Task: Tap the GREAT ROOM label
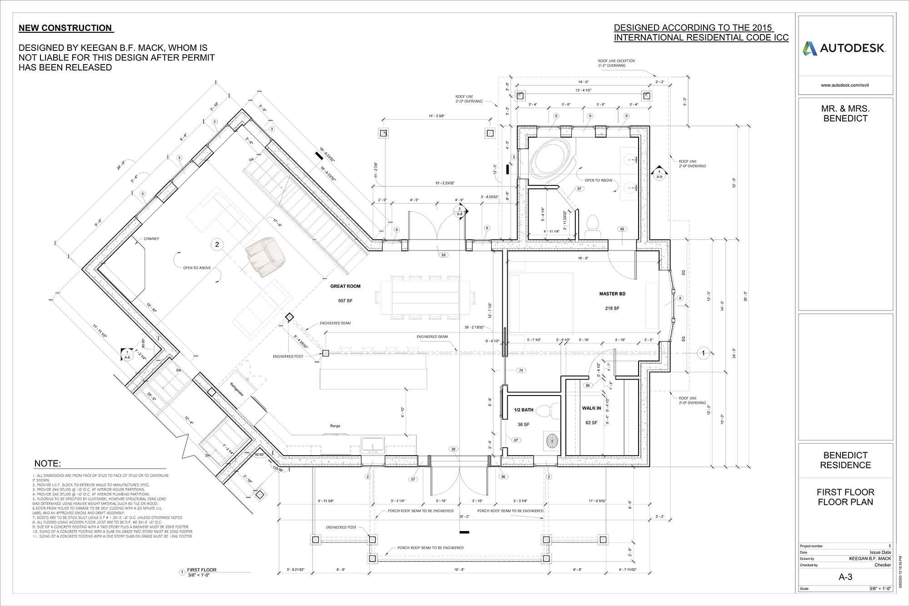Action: [345, 286]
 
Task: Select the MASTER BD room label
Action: [612, 294]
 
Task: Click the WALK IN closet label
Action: [591, 408]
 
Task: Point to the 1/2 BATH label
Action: [524, 410]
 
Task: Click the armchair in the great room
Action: [265, 257]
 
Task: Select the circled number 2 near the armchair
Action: [217, 245]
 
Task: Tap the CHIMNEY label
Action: [151, 239]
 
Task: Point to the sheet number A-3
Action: [845, 577]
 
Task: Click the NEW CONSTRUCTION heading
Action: [65, 28]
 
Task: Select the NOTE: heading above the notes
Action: [47, 464]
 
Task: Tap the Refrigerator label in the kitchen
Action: [237, 390]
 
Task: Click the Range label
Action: [335, 426]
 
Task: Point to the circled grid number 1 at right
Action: [703, 353]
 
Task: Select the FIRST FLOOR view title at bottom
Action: [202, 570]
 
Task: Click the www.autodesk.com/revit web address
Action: [845, 85]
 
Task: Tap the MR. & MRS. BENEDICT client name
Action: [845, 114]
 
